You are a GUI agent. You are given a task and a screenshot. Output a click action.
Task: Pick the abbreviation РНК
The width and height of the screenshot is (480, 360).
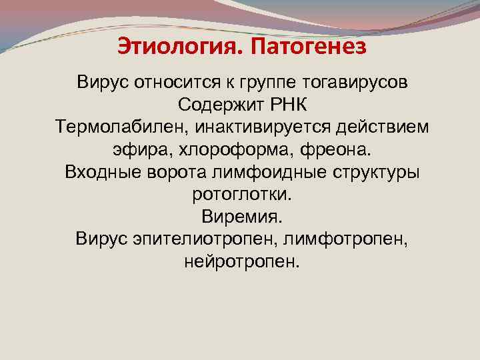coord(287,105)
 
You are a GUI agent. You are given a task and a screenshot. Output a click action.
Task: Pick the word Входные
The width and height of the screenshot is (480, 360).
coord(103,172)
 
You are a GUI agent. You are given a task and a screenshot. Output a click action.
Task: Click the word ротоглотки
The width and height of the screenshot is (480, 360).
coord(242,194)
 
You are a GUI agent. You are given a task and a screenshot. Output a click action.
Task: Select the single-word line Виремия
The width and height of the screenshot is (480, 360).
coord(242,216)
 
